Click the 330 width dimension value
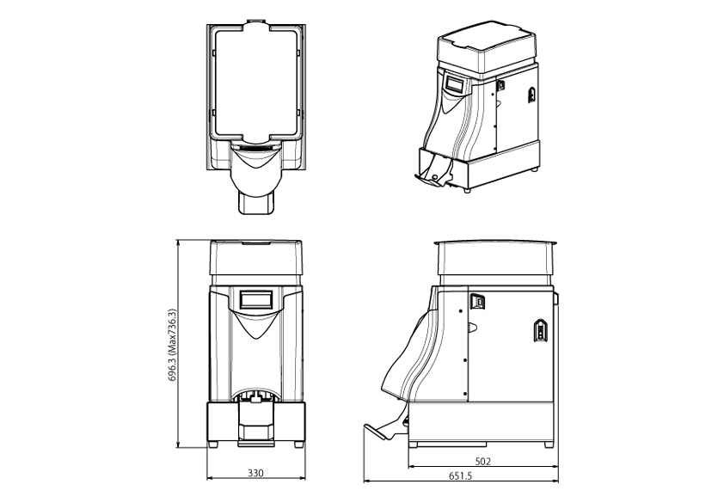(255, 473)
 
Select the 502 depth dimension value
(483, 461)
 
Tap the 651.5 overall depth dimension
(460, 475)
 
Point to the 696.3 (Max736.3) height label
(172, 345)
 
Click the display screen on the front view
(255, 299)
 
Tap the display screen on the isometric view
(453, 84)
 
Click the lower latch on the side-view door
(540, 330)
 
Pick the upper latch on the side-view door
(477, 302)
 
